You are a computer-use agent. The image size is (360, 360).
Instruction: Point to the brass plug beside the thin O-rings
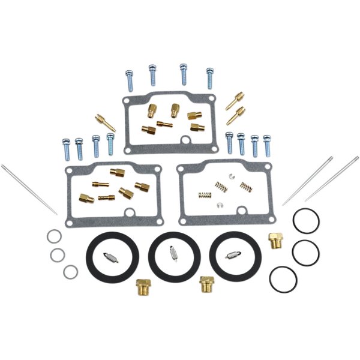[x=275, y=241]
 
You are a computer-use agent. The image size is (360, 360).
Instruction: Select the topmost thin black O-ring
[x=305, y=221]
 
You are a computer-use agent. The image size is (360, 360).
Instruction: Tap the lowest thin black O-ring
[x=283, y=278]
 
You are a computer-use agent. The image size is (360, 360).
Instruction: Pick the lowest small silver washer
[x=70, y=272]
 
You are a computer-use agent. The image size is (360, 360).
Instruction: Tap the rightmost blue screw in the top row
[x=210, y=77]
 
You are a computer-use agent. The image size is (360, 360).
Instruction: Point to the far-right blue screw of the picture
[x=267, y=145]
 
